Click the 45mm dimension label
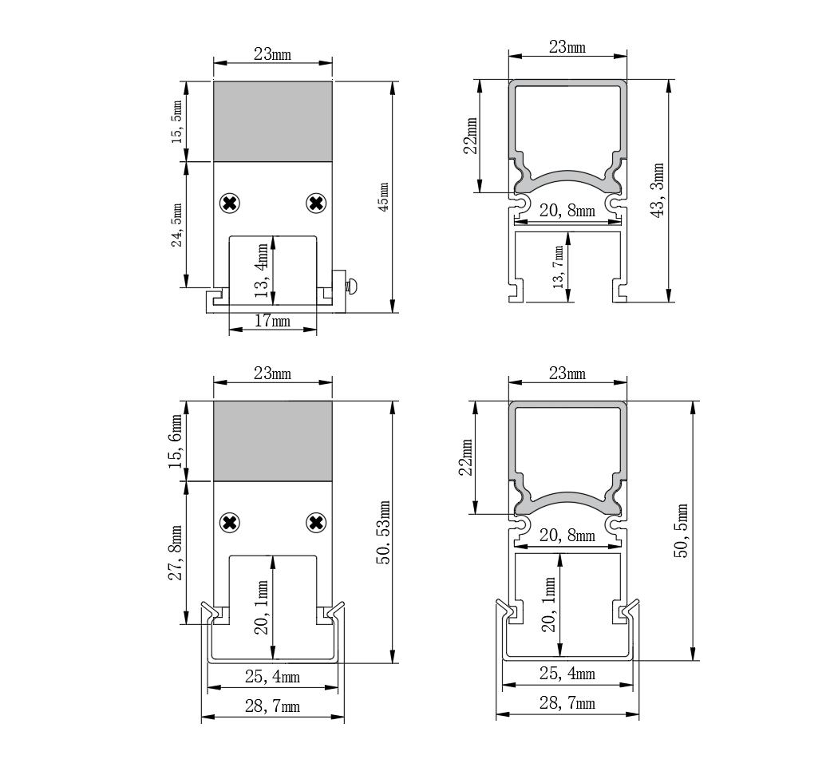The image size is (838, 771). click(x=384, y=197)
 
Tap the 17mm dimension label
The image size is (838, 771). click(x=273, y=321)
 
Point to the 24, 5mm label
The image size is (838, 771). click(x=177, y=225)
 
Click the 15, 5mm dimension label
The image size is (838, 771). click(x=177, y=122)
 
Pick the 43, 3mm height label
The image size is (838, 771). click(x=658, y=190)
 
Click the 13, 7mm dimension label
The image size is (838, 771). click(x=559, y=267)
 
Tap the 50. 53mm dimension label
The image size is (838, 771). click(x=383, y=532)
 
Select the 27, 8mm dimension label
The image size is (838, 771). click(x=176, y=553)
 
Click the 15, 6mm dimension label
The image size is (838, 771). click(x=176, y=441)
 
